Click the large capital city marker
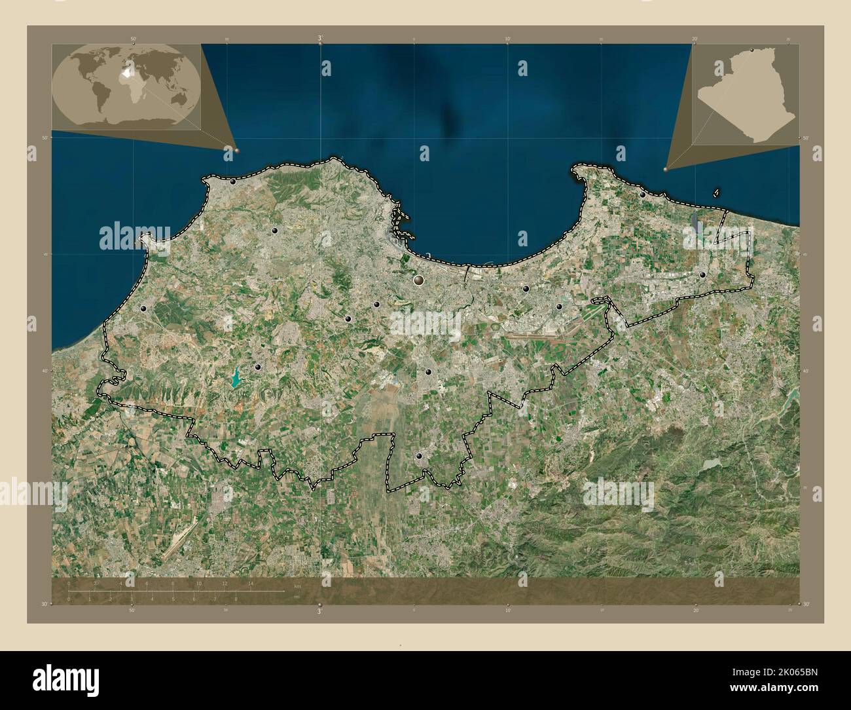pos(419,281)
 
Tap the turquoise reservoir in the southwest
pos(234,379)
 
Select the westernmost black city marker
pos(143,308)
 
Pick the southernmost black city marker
pos(419,457)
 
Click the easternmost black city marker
pos(702,275)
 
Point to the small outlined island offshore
pos(717,193)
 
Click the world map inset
pos(126,87)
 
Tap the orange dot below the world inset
pos(236,150)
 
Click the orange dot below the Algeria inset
pos(666,169)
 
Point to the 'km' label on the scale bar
pos(297,586)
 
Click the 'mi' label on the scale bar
pos(297,597)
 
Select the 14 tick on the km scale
pos(251,583)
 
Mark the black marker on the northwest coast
pos(232,181)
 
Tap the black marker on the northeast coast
pos(643,195)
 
